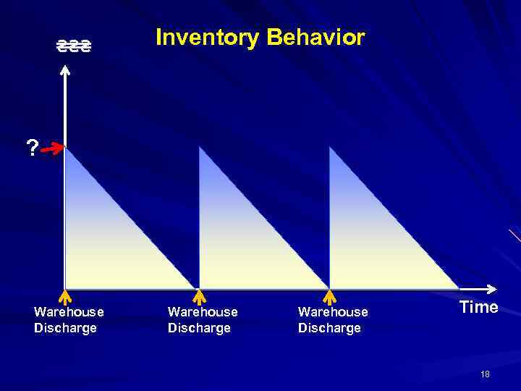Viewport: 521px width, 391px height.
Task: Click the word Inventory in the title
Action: [x=207, y=38]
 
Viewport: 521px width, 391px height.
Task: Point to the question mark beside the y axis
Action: [x=31, y=148]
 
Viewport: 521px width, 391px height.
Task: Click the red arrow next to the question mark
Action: [x=52, y=150]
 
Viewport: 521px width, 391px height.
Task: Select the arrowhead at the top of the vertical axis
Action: [x=65, y=70]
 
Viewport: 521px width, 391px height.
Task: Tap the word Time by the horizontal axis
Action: [x=479, y=307]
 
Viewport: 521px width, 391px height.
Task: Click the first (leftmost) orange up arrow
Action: [x=64, y=296]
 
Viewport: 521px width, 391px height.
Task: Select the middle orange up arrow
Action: [x=200, y=296]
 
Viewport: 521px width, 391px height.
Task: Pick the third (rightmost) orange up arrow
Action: [x=329, y=296]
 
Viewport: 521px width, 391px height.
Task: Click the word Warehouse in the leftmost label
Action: [x=69, y=312]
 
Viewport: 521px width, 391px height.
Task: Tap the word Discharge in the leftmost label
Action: [x=65, y=328]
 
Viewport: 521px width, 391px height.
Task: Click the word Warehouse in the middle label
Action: [x=203, y=312]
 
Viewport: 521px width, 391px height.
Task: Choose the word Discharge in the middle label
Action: [x=199, y=328]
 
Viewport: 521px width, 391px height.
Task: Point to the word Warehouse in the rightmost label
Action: [x=333, y=312]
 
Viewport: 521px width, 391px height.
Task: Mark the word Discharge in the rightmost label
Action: [x=329, y=328]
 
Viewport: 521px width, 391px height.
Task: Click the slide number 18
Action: [x=485, y=374]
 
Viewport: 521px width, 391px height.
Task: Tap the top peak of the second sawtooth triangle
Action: [x=200, y=148]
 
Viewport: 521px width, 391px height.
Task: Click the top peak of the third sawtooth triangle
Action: [x=330, y=148]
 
